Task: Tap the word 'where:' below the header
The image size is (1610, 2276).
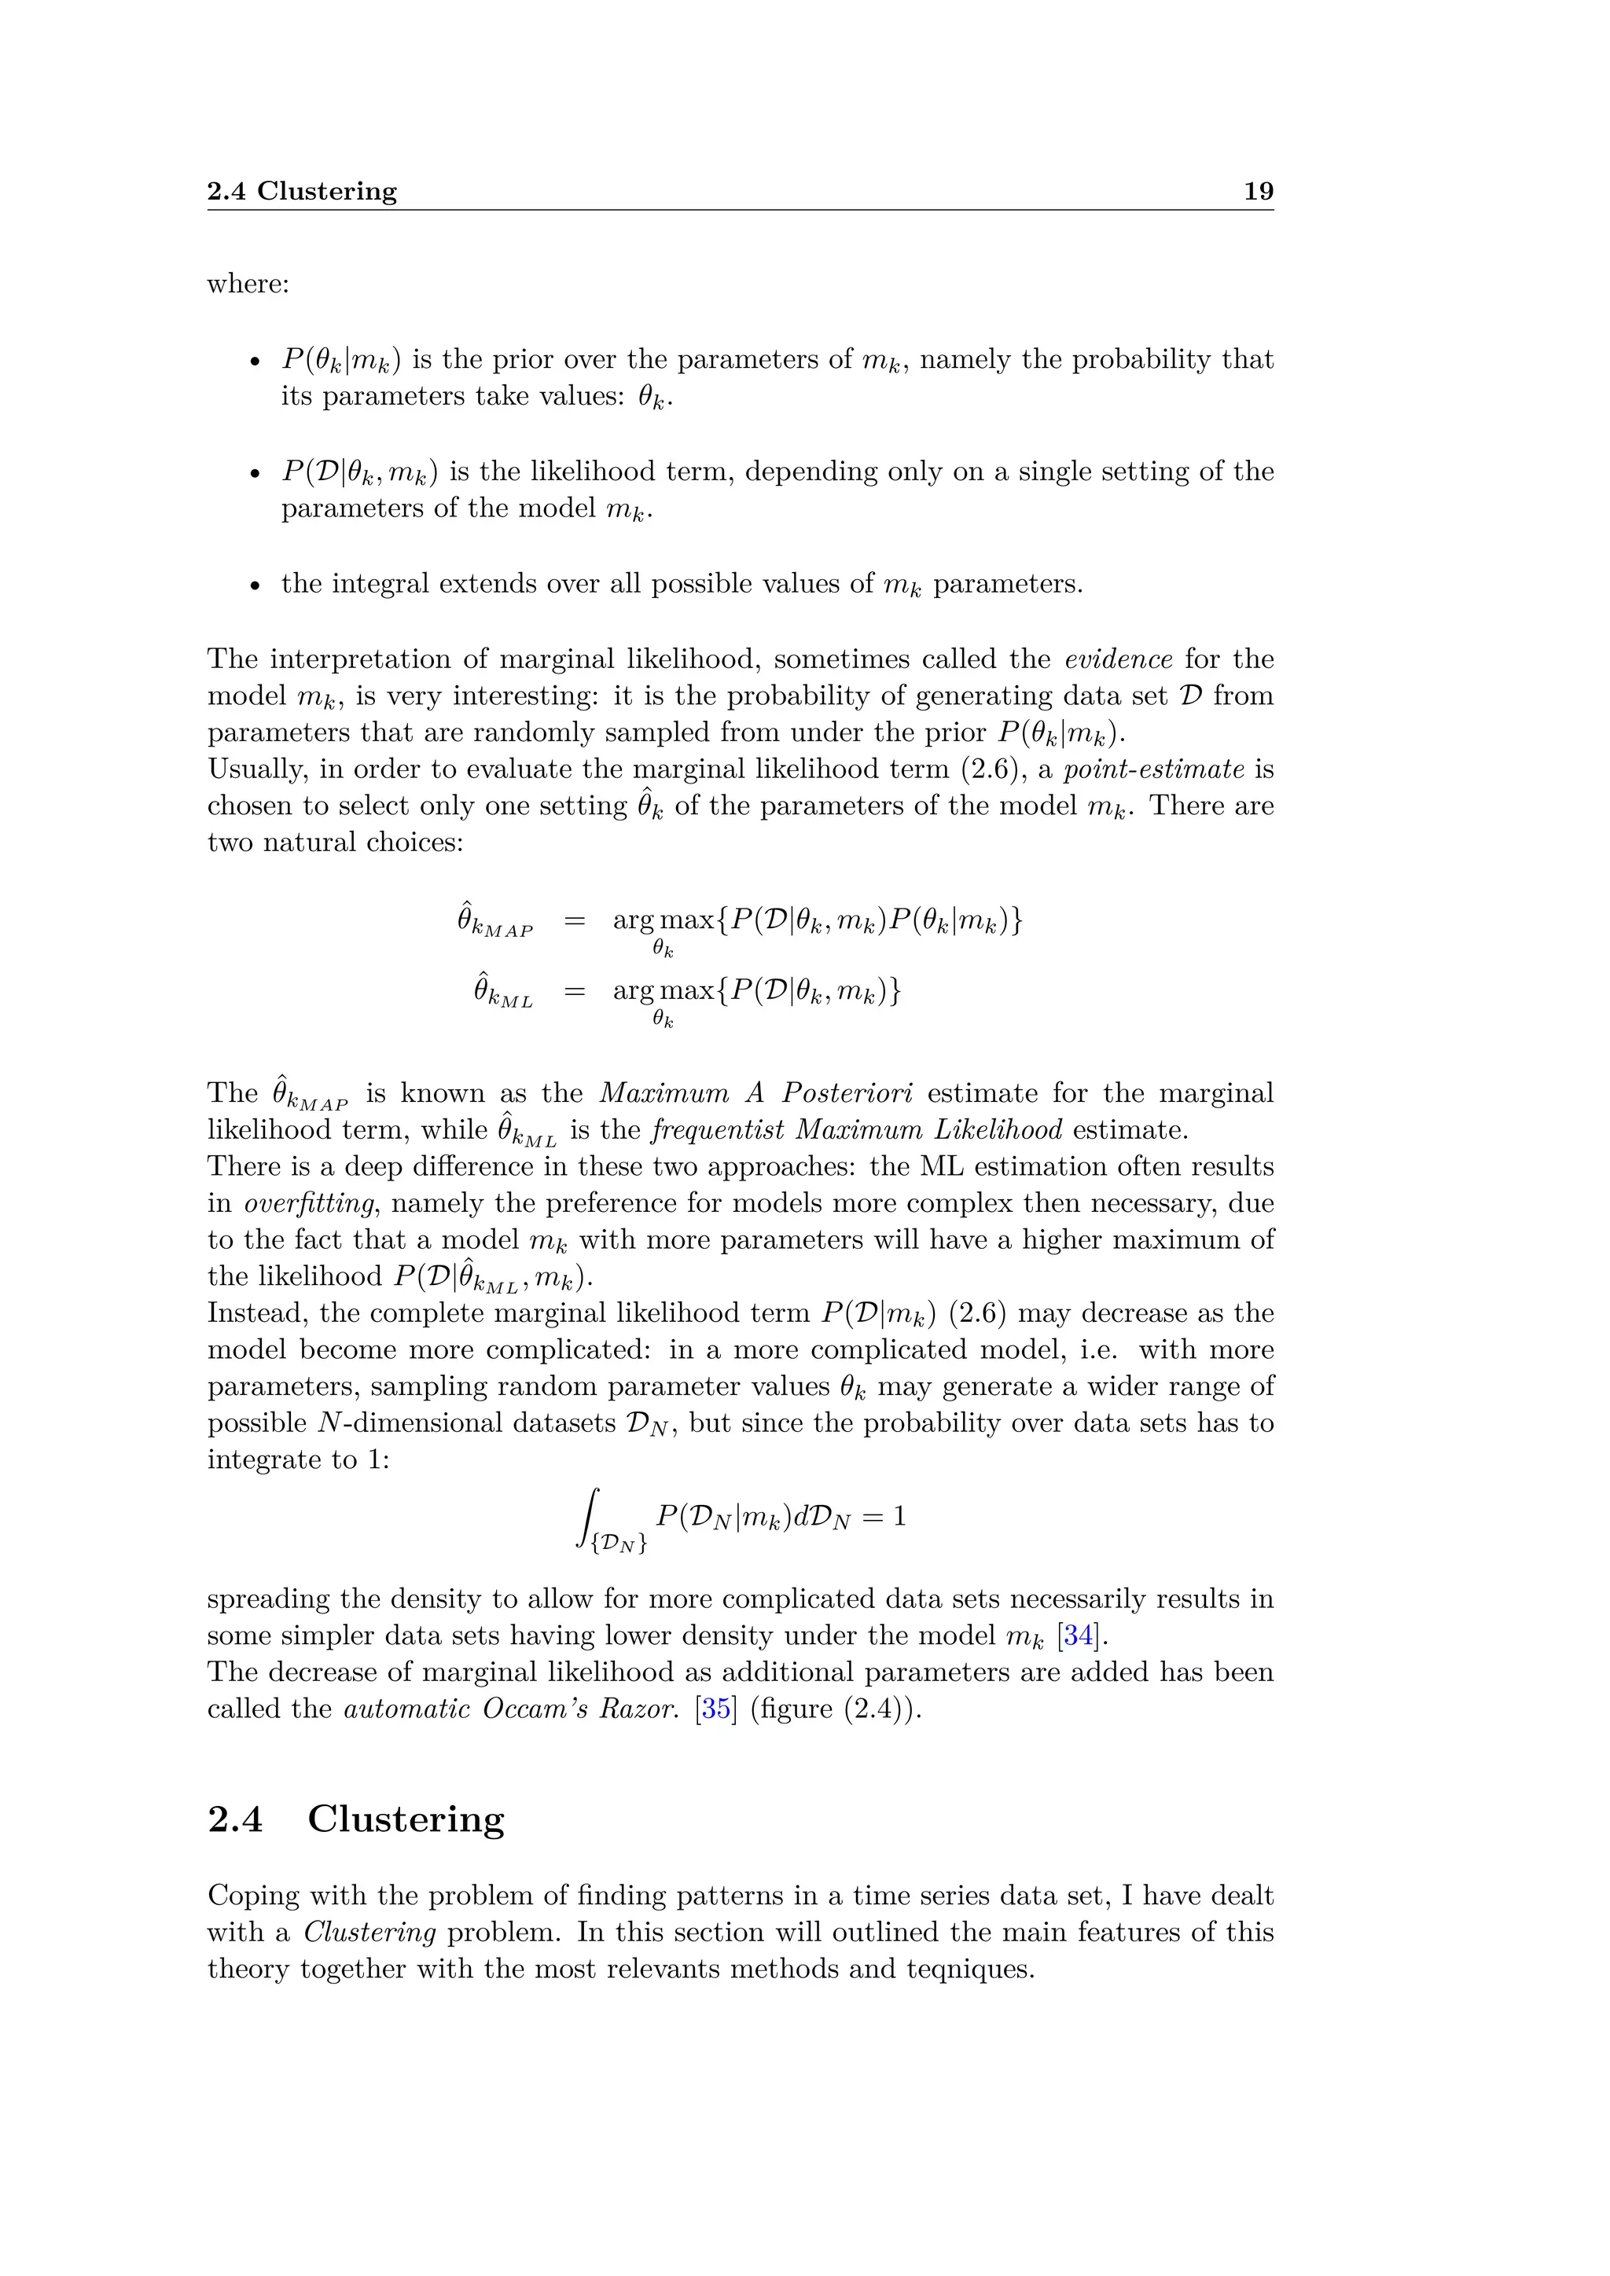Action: point(248,284)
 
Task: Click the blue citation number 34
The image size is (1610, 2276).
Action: point(1078,1635)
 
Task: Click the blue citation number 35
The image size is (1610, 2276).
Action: point(716,1709)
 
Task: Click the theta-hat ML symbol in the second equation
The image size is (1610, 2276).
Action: point(502,991)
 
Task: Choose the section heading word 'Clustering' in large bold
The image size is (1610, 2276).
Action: point(406,1819)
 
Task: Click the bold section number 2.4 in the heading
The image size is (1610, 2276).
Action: point(235,1819)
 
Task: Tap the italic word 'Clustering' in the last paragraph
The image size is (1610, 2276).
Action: point(369,1932)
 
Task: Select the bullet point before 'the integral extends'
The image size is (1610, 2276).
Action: point(255,586)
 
